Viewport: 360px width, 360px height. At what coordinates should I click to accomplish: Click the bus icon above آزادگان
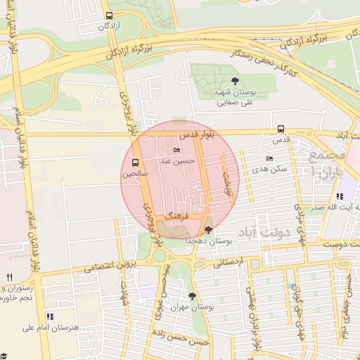(x=108, y=15)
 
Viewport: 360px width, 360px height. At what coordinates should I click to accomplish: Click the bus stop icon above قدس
(x=281, y=129)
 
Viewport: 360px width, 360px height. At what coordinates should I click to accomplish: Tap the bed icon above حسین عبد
(x=176, y=150)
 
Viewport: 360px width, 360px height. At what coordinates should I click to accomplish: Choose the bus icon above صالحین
(x=135, y=162)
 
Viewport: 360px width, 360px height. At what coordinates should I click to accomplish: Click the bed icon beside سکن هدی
(x=269, y=158)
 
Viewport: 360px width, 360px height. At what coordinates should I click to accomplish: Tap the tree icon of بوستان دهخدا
(x=207, y=230)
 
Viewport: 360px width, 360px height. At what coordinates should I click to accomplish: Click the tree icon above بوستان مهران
(x=193, y=296)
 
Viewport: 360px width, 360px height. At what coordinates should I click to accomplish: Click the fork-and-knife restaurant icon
(x=9, y=277)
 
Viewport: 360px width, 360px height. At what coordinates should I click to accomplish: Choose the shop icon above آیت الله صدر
(x=339, y=196)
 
